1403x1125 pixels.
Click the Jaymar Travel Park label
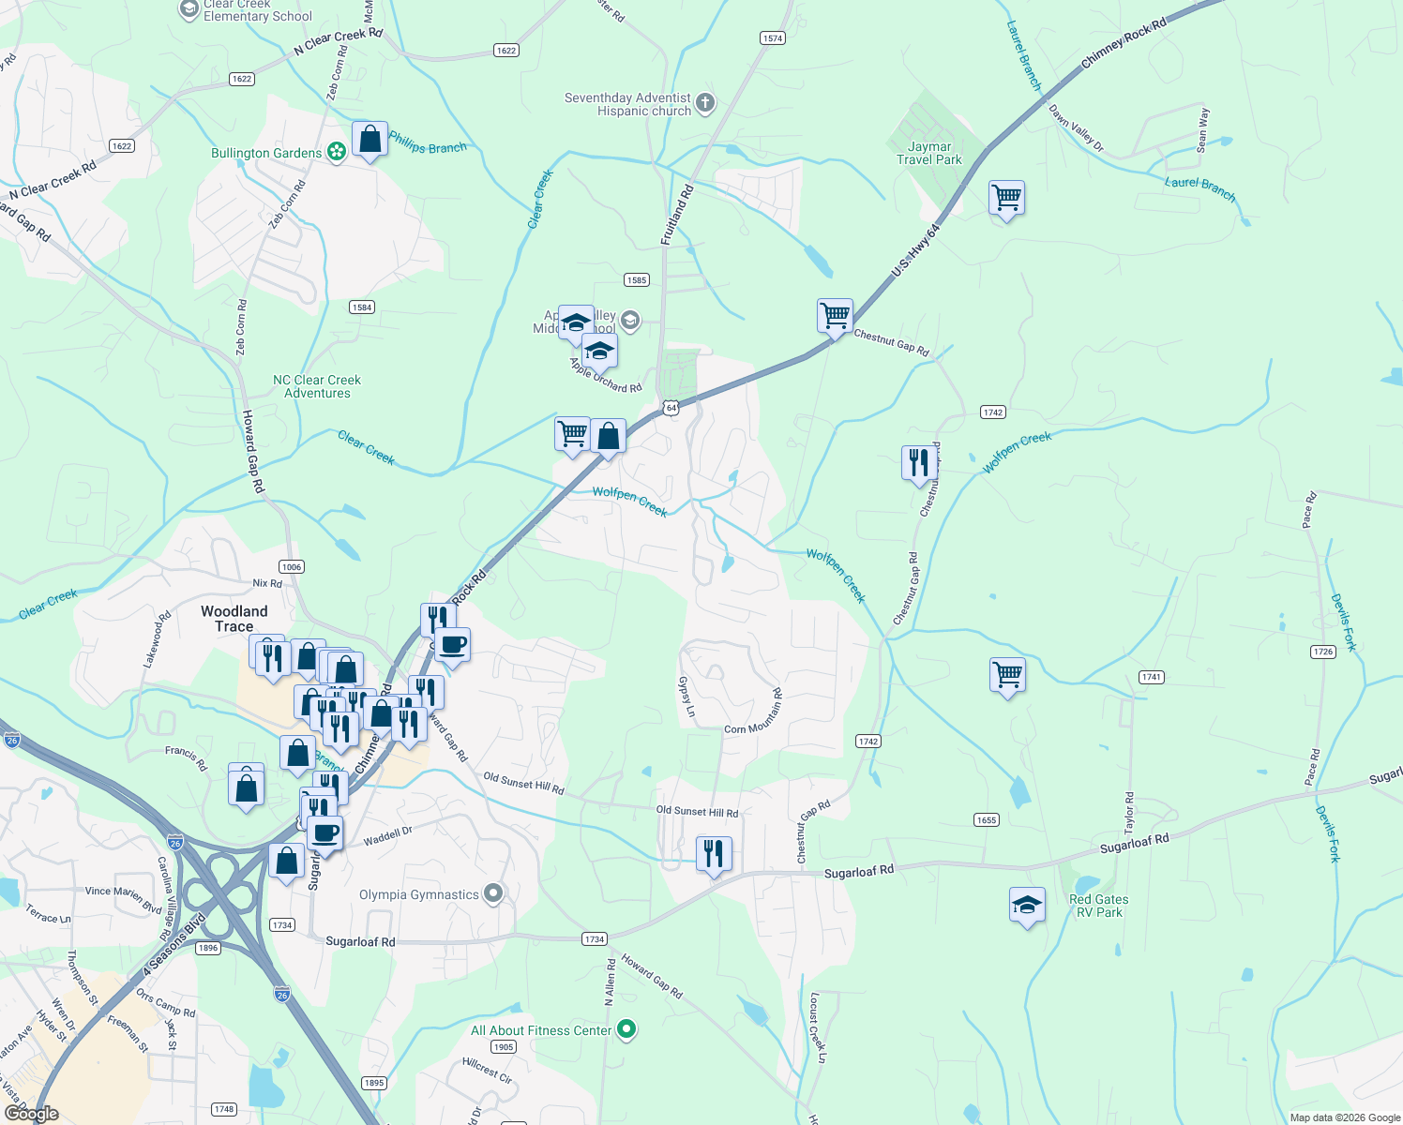coord(928,153)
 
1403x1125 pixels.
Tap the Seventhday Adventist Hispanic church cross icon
coord(705,103)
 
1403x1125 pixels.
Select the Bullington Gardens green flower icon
coord(337,153)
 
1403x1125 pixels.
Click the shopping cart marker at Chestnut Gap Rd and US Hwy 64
coord(835,315)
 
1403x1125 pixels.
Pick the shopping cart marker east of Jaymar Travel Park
coord(1006,198)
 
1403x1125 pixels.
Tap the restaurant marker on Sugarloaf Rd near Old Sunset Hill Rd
coord(714,853)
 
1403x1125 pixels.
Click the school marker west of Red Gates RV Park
coord(1027,906)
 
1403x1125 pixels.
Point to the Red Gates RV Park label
coord(1098,906)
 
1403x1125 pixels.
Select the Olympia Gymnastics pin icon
coord(494,893)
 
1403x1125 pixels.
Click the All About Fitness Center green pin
coord(627,1030)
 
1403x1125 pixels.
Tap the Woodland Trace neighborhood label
coord(234,619)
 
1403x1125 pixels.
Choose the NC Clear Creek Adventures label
coord(317,386)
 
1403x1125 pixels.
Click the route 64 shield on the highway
coord(671,408)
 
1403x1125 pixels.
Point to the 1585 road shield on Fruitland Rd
coord(636,280)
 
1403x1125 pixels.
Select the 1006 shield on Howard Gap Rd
coord(292,566)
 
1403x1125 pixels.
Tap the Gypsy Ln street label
coord(686,697)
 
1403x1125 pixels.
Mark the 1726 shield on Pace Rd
coord(1323,652)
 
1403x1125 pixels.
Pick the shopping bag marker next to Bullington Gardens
coord(370,141)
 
